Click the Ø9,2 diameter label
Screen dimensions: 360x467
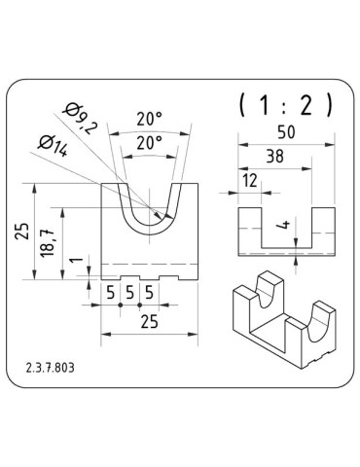coord(81,119)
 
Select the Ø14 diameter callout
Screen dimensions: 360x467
coord(53,145)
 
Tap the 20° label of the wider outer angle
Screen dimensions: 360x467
coord(149,119)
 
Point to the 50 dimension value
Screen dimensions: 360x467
coord(286,132)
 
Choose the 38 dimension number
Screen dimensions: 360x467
coord(275,157)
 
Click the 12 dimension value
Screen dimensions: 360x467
coord(250,181)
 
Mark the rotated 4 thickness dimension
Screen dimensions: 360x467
coord(285,224)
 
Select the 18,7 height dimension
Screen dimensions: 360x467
coord(48,242)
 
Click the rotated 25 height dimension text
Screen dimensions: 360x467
coord(22,231)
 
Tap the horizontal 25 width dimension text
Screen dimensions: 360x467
coord(150,322)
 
